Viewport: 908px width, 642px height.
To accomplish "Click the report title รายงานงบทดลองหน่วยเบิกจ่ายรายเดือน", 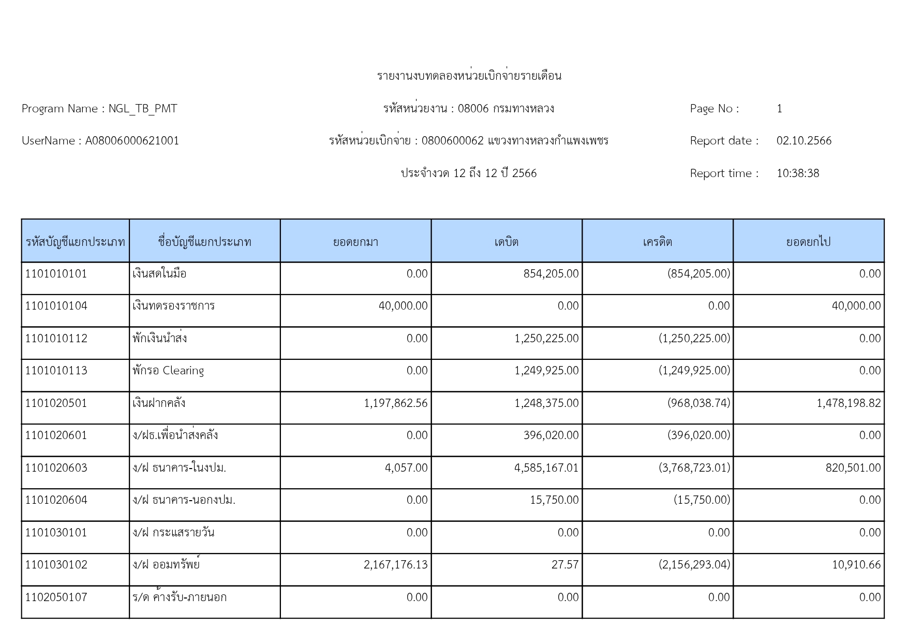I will coord(469,76).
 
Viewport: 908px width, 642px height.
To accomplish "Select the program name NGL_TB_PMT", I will coord(143,109).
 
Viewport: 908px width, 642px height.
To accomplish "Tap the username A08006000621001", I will coord(132,141).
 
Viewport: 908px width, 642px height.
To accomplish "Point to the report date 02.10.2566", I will coord(803,141).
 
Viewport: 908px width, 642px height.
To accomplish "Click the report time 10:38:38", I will coord(797,173).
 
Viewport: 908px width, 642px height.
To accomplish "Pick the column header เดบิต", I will coord(506,242).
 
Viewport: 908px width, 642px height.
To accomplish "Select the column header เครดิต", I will coord(657,242).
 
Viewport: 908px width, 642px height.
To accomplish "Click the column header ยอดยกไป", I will coord(808,242).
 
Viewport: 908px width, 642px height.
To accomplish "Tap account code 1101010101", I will coord(56,274).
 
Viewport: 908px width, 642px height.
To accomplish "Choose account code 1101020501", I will coord(56,403).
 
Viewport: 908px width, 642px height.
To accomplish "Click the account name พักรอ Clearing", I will coord(168,371).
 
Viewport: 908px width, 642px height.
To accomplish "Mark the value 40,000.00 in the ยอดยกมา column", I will coord(403,306).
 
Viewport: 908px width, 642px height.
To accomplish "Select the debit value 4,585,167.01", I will coord(546,468).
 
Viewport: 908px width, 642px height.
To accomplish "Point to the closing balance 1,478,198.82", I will coord(849,403).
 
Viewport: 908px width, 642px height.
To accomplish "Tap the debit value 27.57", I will coord(565,565).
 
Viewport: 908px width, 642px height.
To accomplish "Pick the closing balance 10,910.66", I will coord(856,565).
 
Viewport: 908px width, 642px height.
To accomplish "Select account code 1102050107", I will coord(56,597).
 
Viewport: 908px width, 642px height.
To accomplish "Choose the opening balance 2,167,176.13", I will coord(396,565).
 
